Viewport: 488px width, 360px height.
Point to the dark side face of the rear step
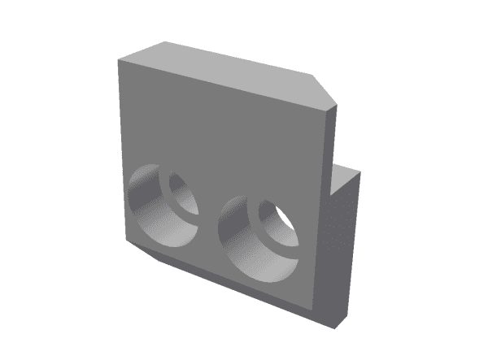(346, 244)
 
